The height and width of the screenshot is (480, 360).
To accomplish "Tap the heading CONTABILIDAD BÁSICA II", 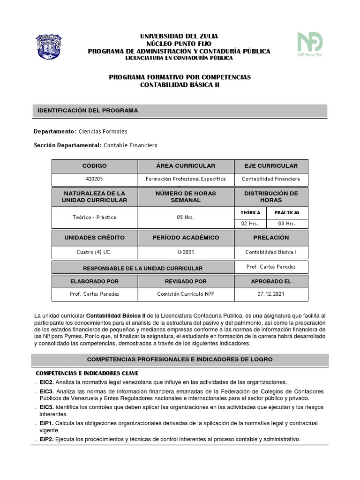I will tap(180, 85).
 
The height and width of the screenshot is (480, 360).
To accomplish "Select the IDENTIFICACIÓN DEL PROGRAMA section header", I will tap(88, 111).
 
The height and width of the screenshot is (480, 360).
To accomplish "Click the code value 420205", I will tap(95, 179).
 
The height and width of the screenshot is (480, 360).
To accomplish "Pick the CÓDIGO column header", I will tap(95, 166).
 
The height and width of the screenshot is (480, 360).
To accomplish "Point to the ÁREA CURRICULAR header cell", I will tap(186, 166).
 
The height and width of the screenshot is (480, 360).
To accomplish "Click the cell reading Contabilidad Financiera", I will tap(271, 179).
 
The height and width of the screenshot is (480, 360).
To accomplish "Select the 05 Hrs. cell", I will tap(186, 217).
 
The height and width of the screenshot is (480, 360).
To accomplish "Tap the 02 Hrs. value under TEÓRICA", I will tap(250, 224).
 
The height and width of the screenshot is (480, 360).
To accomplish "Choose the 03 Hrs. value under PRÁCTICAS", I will tap(287, 224).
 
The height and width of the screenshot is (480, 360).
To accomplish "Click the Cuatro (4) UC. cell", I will tap(95, 252).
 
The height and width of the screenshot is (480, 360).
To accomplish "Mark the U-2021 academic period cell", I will tap(186, 252).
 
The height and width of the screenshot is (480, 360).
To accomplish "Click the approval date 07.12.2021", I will tap(271, 294).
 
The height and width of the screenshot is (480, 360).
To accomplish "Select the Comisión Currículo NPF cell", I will tap(186, 294).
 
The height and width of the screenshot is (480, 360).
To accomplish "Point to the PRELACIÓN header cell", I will tap(271, 238).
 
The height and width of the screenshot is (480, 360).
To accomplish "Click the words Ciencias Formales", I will tap(103, 132).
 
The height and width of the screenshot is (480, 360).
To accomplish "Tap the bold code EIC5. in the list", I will tap(47, 407).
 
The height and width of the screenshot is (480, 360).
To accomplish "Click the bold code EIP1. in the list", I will tap(47, 423).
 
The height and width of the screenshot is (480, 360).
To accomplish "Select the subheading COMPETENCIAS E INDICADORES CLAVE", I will tap(87, 373).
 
